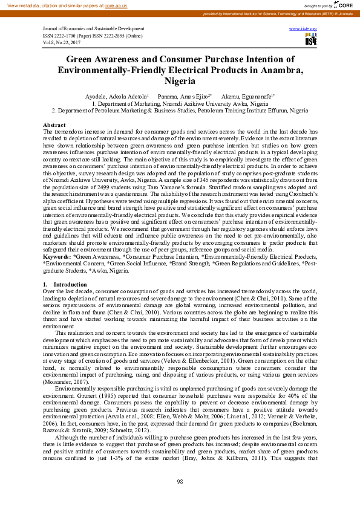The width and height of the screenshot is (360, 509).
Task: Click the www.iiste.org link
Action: click(x=304, y=28)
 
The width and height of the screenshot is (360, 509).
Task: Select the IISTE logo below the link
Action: click(x=310, y=40)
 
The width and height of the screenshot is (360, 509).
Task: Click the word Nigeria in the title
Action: click(x=180, y=80)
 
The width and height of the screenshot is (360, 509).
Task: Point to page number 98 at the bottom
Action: click(x=180, y=481)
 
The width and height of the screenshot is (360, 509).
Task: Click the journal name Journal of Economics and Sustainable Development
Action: click(x=94, y=29)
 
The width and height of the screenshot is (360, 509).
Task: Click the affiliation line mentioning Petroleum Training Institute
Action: click(x=180, y=111)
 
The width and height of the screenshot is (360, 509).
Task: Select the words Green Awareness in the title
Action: click(x=102, y=60)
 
